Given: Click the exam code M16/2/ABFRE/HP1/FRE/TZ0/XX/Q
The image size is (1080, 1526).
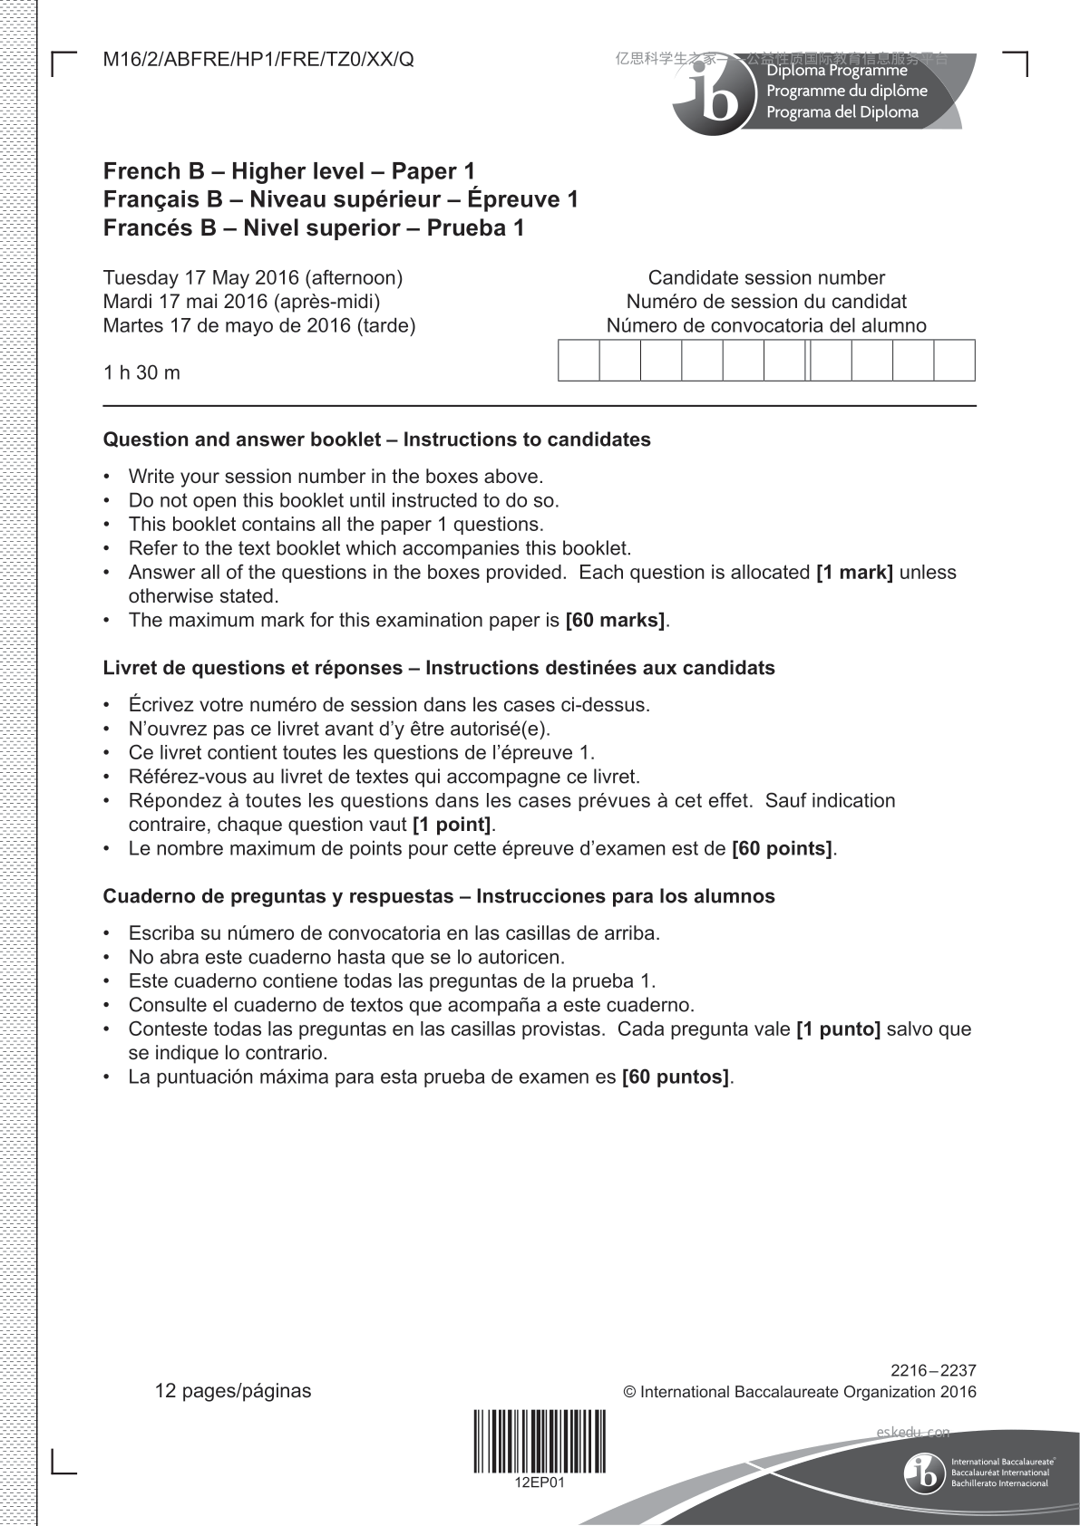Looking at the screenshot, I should click(x=258, y=60).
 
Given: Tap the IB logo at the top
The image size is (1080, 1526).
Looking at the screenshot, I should click(x=715, y=96).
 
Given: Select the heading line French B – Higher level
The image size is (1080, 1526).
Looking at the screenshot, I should click(x=289, y=171).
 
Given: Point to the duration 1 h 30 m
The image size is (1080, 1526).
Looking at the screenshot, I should click(x=141, y=372).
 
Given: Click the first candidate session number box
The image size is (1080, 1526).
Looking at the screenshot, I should click(x=579, y=360).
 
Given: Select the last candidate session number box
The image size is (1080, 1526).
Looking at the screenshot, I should click(x=954, y=360).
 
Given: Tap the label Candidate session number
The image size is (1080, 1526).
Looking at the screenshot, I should click(x=766, y=278).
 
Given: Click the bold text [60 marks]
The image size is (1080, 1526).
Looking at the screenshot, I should click(x=615, y=621).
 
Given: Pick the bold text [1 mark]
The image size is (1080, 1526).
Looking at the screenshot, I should click(x=854, y=573).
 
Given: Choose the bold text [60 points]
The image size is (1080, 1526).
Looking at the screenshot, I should click(x=782, y=849).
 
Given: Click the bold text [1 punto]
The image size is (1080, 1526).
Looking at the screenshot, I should click(x=838, y=1029).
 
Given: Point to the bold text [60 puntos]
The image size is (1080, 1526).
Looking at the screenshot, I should click(x=676, y=1077).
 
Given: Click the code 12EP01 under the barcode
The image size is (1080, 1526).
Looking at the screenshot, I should click(x=540, y=1483).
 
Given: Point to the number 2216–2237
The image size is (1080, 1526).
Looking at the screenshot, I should click(x=933, y=1370).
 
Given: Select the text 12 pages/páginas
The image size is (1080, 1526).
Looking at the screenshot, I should click(x=233, y=1391).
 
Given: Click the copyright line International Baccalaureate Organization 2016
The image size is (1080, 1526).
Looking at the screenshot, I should click(x=800, y=1392).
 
